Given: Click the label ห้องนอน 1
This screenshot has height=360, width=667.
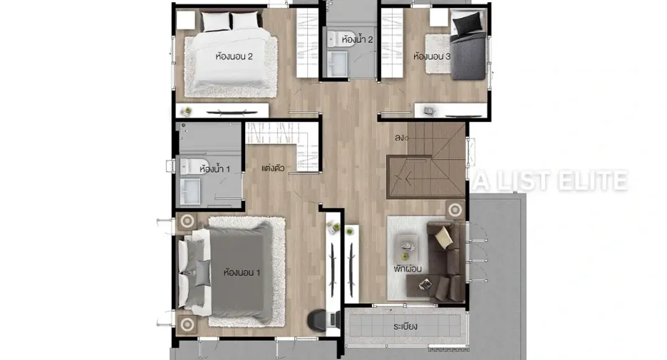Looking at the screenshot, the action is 242,272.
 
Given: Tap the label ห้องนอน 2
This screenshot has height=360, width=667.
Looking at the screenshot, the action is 234,56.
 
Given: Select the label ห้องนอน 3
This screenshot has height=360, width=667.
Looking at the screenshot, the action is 432,56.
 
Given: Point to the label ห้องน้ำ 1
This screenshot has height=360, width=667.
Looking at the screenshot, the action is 214,169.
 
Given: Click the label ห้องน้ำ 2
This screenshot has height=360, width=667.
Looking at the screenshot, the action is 357,40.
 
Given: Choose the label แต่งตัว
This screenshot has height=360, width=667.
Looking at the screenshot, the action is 273,168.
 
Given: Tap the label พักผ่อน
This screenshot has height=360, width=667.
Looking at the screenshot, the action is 408,269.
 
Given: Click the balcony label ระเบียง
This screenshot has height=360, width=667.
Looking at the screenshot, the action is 405,326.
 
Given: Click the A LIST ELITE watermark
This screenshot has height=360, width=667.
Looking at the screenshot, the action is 551,180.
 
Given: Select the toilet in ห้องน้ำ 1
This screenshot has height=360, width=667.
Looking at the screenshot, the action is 190,166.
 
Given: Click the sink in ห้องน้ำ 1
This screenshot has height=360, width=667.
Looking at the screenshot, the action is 190,191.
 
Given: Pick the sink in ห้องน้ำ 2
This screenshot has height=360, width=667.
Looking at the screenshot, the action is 337,63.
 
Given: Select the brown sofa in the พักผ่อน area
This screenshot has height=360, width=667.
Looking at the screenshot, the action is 447,262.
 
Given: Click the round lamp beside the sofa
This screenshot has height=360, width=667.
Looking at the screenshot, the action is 455,210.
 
